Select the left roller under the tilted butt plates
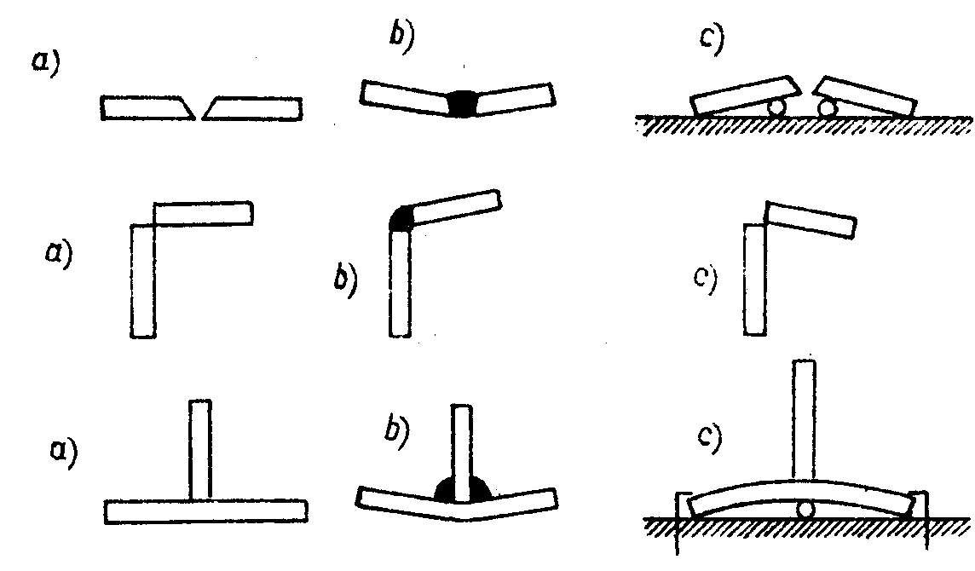[x=776, y=108]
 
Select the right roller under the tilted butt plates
[x=826, y=108]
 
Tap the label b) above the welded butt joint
[x=400, y=40]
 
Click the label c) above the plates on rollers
[x=711, y=40]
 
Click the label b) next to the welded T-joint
[x=396, y=435]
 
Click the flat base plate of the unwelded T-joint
[x=205, y=511]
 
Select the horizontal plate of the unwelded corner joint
[x=204, y=213]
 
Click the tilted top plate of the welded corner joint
[x=455, y=207]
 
